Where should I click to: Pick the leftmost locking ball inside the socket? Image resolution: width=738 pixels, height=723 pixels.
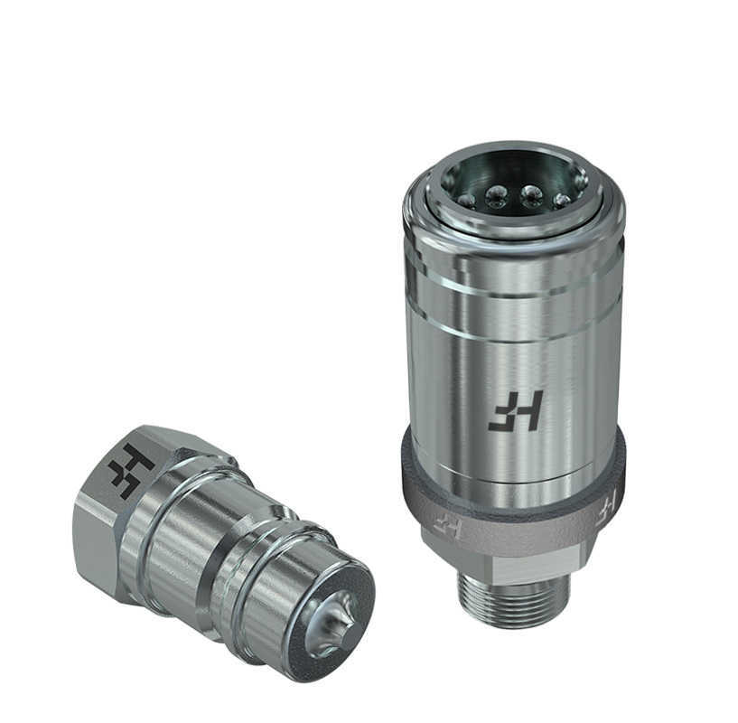466,201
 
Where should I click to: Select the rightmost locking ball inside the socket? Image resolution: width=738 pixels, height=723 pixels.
562,200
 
